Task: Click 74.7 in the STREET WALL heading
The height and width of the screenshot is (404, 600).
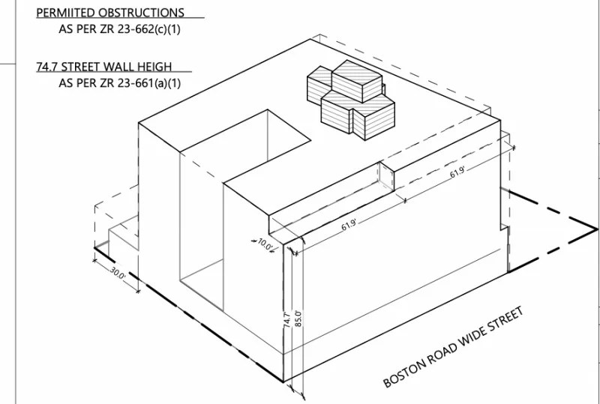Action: click(x=47, y=67)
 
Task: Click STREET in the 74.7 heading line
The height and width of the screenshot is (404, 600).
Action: click(x=86, y=67)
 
